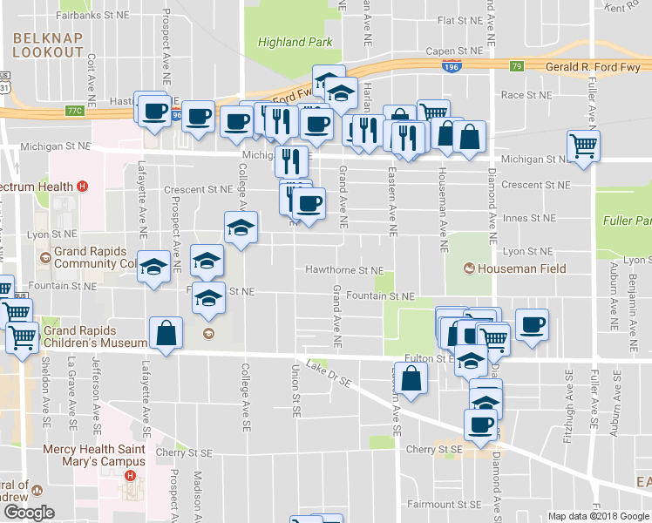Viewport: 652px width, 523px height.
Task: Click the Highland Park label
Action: (294, 42)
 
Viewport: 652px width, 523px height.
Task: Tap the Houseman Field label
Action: (516, 268)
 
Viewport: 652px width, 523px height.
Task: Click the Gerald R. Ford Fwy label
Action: (593, 66)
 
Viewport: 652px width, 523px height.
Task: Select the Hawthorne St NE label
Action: (344, 271)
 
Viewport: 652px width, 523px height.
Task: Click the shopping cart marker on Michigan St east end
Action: (583, 145)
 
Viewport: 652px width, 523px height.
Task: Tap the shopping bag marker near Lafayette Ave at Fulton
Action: (166, 333)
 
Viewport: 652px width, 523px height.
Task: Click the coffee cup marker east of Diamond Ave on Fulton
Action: (532, 325)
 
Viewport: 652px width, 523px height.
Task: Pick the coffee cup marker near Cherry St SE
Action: (479, 425)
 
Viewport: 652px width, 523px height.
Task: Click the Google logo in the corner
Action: (28, 513)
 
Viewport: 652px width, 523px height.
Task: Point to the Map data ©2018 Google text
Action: (598, 516)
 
